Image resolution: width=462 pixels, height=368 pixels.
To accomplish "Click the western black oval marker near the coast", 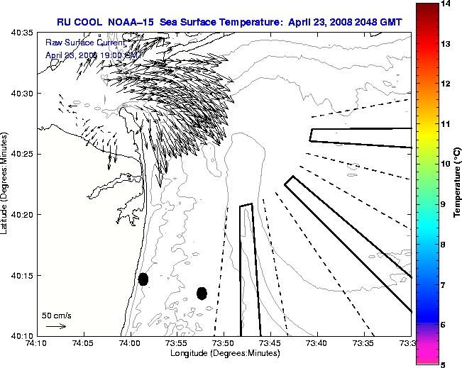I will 143,279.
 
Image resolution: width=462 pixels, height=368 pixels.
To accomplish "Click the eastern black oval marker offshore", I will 202,293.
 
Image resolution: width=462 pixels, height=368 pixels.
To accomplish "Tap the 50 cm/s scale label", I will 57,315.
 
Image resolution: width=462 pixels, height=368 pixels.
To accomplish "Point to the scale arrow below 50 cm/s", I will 56,326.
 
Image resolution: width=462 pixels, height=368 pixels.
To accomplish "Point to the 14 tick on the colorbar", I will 446,4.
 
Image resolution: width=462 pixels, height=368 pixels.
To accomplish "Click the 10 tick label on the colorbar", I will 446,164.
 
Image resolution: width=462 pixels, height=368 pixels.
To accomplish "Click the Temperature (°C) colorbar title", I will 458,184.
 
